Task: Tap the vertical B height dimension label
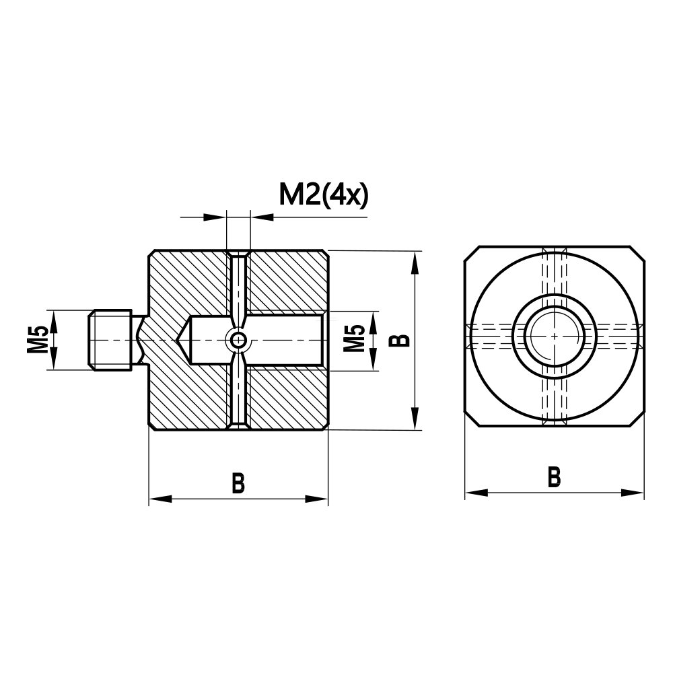(x=402, y=339)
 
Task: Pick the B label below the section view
(x=238, y=483)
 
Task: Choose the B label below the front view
(x=554, y=477)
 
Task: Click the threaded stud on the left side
(x=110, y=340)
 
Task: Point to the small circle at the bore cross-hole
(x=238, y=341)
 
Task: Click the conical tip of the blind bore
(x=183, y=341)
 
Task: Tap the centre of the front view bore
(x=554, y=335)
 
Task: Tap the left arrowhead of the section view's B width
(x=159, y=499)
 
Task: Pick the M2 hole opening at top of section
(x=238, y=254)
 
